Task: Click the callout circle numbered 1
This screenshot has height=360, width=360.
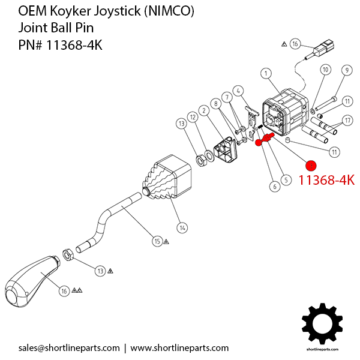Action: [x=265, y=73]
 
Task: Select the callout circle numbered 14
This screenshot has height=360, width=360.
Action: [x=182, y=227]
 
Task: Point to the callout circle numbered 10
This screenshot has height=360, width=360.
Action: [x=325, y=70]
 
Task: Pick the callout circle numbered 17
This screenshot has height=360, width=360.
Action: [x=346, y=120]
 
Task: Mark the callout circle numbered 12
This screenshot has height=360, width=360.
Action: [x=193, y=116]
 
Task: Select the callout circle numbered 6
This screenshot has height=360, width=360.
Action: [x=275, y=187]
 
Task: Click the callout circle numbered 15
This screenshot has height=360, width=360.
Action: [x=157, y=241]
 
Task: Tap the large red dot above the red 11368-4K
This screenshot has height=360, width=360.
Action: [x=311, y=166]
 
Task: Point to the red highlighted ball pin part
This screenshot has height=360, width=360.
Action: [x=264, y=140]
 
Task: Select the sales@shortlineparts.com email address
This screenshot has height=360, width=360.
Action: [x=69, y=348]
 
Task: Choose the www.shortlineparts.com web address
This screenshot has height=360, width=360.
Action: [x=179, y=348]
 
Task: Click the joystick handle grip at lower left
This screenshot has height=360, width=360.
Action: [x=30, y=283]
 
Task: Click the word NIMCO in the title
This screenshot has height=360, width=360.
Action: [x=174, y=12]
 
